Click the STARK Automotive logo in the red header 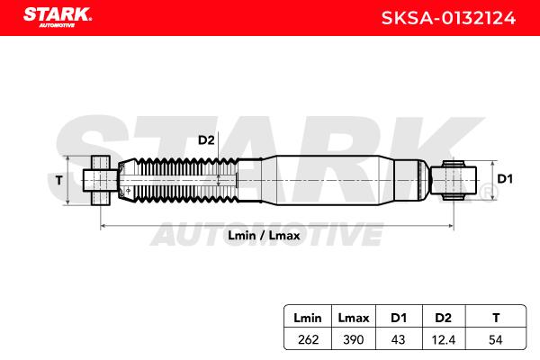(58, 17)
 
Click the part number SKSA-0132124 (448, 18)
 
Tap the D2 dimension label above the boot (206, 140)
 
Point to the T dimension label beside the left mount (59, 180)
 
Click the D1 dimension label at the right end (505, 179)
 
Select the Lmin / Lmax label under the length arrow (264, 236)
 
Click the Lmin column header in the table (308, 318)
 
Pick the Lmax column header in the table (354, 318)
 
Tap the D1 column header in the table (399, 318)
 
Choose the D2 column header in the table (443, 318)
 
